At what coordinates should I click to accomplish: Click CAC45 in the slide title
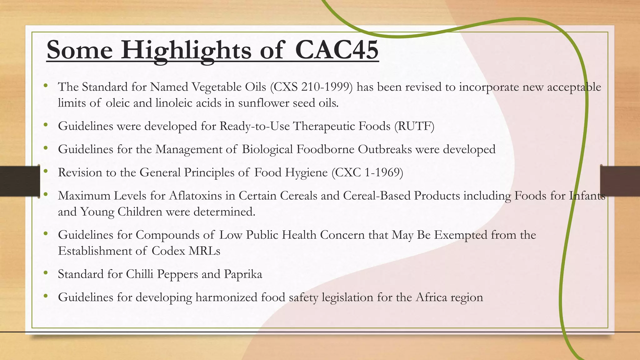[337, 50]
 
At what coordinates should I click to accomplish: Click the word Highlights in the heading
[186, 50]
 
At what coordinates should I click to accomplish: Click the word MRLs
[204, 251]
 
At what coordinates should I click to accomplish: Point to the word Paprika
[243, 274]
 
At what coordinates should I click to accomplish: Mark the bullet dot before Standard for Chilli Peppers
[46, 273]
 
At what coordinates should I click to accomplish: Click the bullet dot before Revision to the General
[46, 171]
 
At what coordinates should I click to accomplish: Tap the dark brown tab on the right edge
[620, 181]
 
